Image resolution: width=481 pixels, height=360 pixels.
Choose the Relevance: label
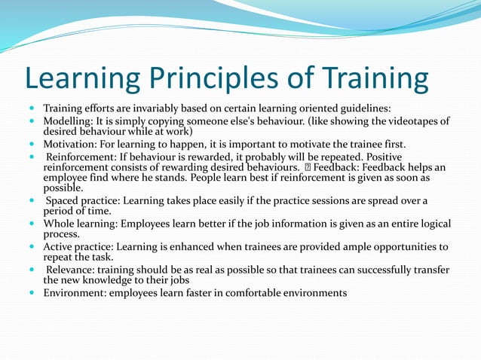click(x=74, y=270)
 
